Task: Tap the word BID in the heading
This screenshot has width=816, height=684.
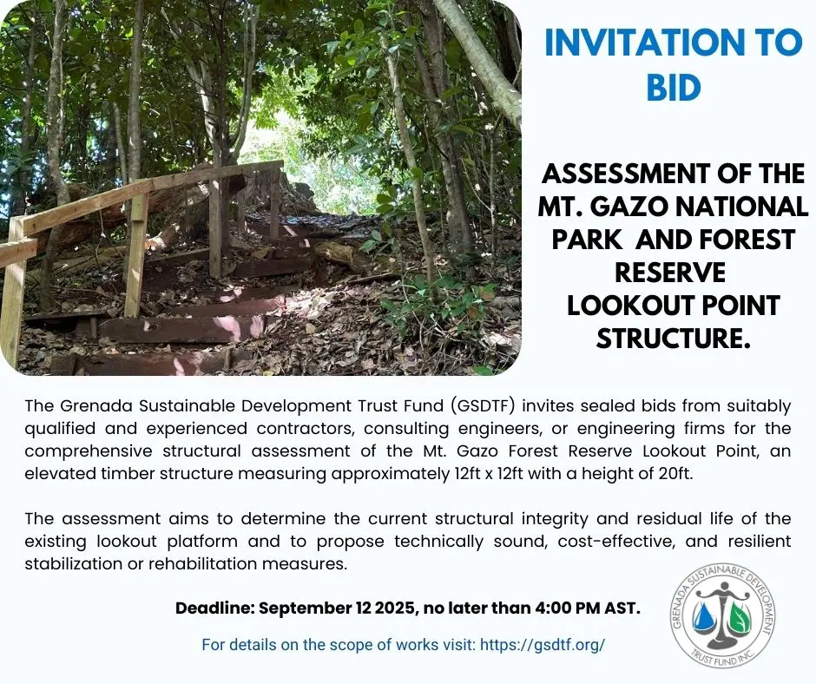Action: tap(674, 88)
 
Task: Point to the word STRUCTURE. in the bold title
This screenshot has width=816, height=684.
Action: tap(674, 339)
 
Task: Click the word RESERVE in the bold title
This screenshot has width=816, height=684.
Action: tap(670, 273)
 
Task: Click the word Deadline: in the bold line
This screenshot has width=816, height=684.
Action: tap(214, 608)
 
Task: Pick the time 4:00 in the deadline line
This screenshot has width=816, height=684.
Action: tap(552, 608)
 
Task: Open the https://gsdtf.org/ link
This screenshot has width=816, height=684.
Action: tap(543, 645)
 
